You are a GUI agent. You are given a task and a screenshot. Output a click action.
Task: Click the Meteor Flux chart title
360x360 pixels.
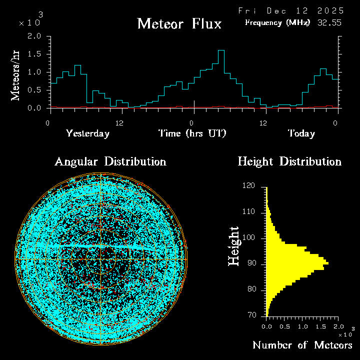(179, 23)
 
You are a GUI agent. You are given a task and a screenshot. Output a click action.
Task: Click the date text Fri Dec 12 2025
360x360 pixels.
(291, 10)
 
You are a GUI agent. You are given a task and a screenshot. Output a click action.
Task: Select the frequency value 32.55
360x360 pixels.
(330, 22)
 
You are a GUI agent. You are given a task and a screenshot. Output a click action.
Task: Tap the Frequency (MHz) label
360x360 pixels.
(277, 22)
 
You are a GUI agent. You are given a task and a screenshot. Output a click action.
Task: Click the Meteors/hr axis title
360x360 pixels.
(16, 75)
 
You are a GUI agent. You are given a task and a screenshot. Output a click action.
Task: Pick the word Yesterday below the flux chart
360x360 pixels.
(87, 133)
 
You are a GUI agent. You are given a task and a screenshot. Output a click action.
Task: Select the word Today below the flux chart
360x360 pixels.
(301, 133)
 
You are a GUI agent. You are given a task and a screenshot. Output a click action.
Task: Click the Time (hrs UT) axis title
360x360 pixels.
(192, 133)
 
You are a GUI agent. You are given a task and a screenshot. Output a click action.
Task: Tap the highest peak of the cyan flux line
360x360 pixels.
(221, 51)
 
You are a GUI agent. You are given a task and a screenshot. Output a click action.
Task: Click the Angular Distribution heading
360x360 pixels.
(110, 161)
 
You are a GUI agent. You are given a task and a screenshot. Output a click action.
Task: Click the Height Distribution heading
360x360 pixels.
(289, 161)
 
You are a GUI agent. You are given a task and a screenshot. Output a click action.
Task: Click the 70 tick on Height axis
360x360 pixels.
(252, 315)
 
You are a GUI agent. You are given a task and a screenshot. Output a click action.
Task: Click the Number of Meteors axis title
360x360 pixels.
(302, 345)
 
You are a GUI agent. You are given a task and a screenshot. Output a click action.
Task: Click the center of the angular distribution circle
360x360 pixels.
(101, 259)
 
